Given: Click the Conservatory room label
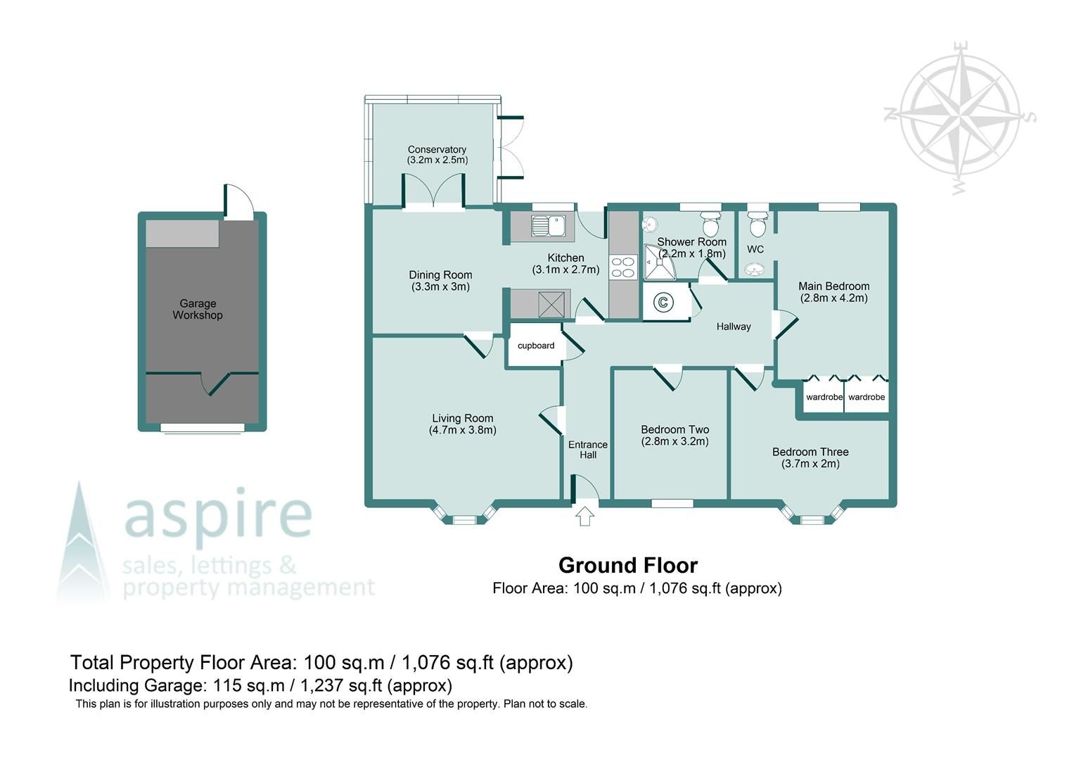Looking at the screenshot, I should (437, 150).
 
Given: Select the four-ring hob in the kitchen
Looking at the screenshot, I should (622, 267).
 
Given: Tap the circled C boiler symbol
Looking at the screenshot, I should (663, 303).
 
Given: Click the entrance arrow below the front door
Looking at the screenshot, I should (584, 517).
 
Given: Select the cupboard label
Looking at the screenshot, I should (536, 346).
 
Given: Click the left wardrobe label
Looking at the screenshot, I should (824, 398).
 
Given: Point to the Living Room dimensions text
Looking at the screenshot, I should (463, 430).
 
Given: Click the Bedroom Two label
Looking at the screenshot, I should (675, 429).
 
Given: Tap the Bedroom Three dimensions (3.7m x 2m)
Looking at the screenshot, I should (810, 464).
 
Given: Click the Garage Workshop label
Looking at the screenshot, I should (198, 310).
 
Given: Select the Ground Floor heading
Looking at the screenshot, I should (627, 565).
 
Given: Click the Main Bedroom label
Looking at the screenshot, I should (833, 286).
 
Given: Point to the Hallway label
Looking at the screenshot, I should (734, 327).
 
